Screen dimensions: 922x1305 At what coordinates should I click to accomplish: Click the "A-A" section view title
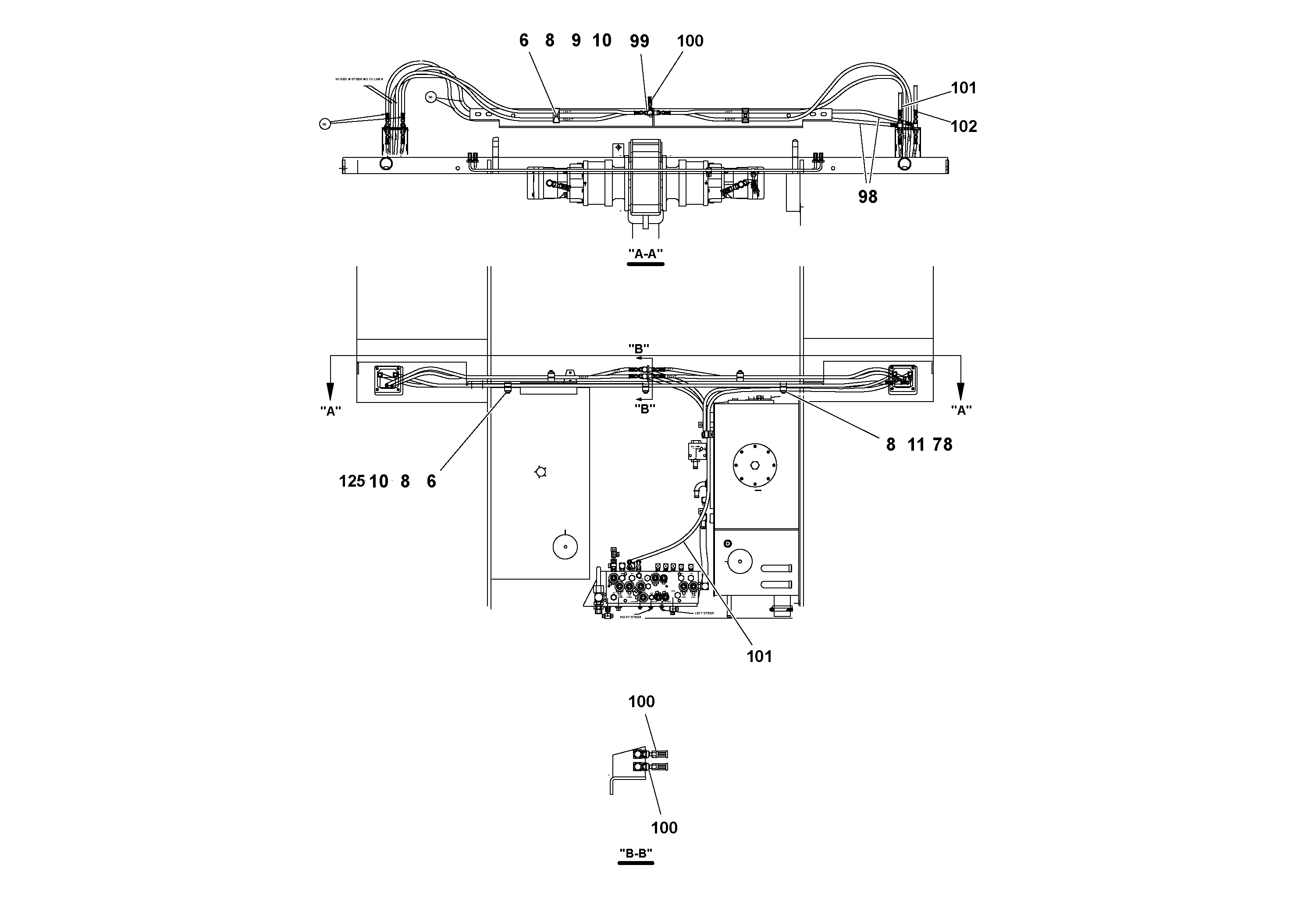[645, 254]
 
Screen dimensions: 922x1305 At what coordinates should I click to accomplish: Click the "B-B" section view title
[636, 853]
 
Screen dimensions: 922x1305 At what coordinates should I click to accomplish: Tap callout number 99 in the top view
[640, 41]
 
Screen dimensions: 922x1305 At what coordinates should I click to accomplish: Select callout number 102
[964, 126]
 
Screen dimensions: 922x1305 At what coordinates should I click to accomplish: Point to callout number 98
[868, 197]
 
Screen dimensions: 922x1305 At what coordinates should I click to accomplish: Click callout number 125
[352, 481]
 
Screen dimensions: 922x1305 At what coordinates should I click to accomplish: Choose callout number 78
[942, 445]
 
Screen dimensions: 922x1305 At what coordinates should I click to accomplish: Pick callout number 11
[916, 445]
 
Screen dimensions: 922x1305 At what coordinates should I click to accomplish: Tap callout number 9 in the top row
[576, 41]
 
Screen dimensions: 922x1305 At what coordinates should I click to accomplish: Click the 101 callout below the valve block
[759, 657]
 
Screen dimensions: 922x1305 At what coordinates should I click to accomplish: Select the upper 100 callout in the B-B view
[641, 701]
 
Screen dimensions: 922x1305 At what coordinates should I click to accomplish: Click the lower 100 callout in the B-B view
[664, 828]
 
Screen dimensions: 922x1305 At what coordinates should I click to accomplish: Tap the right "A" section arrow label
[961, 410]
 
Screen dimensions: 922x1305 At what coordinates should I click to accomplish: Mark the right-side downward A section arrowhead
[960, 391]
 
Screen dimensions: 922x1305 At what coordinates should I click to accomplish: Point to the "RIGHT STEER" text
[630, 617]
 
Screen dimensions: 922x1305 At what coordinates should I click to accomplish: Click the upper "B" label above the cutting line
[638, 347]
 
